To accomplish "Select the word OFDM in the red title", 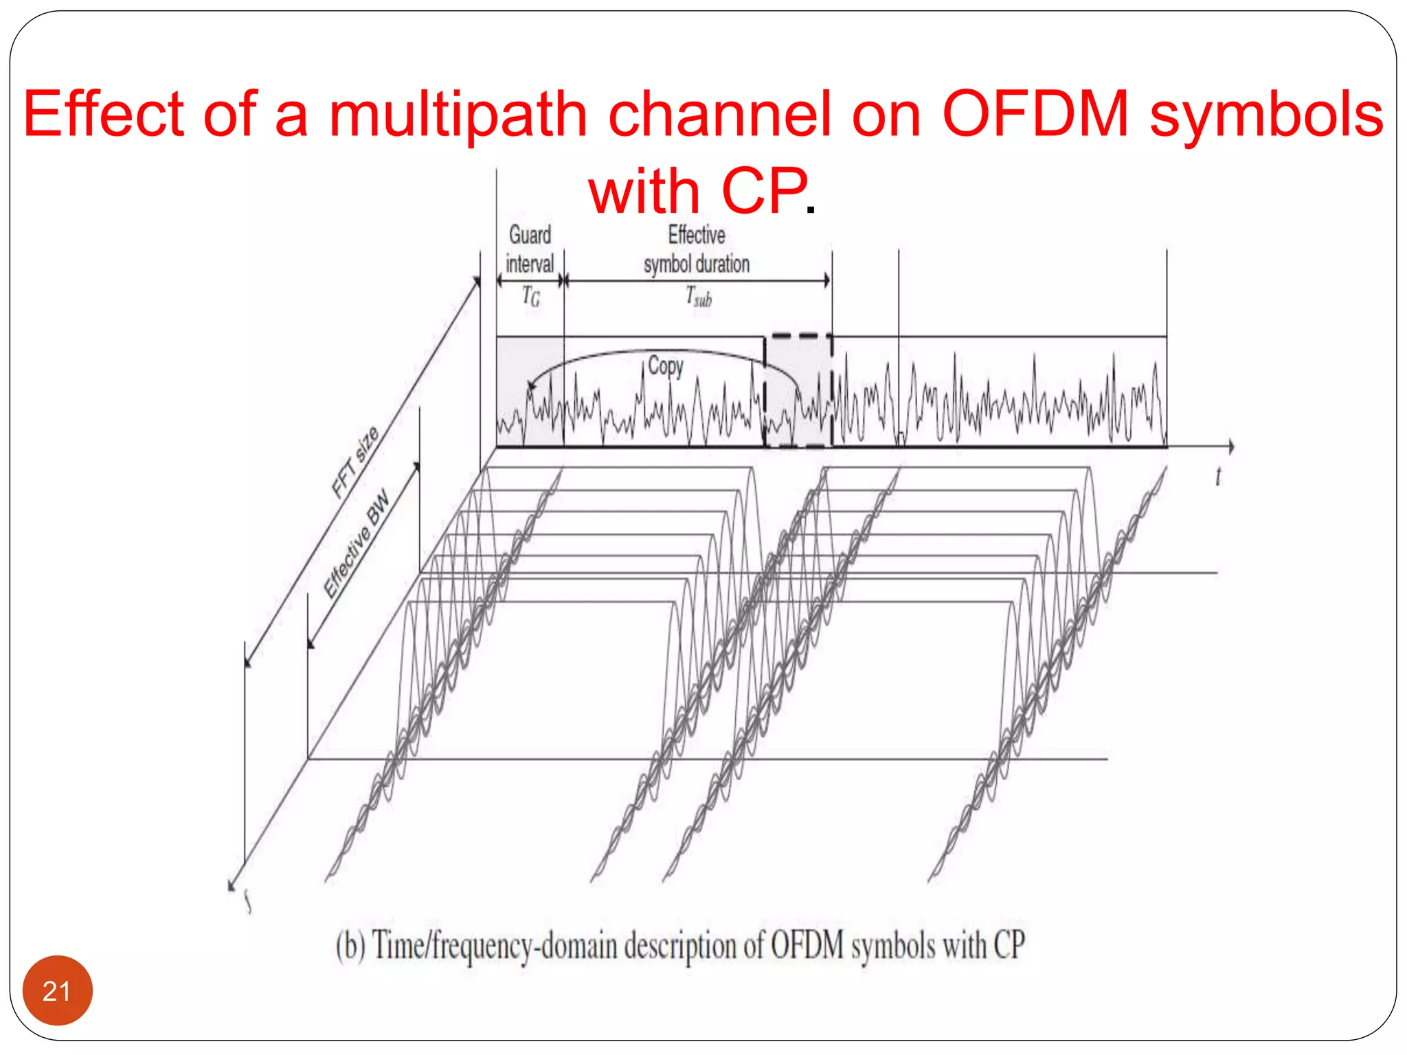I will pos(1035,114).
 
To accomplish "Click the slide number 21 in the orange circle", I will pos(57,991).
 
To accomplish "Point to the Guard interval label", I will pos(530,249).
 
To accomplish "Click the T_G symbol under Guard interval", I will pos(530,296).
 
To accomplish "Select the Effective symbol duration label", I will pos(697,249).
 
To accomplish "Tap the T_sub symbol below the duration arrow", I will pos(699,297).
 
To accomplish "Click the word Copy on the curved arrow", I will pos(666,365).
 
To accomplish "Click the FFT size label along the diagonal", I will pos(354,461).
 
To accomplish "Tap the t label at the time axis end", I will pos(1218,476).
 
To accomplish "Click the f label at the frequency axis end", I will pos(248,901).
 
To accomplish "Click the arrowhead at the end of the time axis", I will pos(1230,447).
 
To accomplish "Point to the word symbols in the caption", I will pos(893,946).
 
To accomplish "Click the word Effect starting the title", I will pos(104,114).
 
